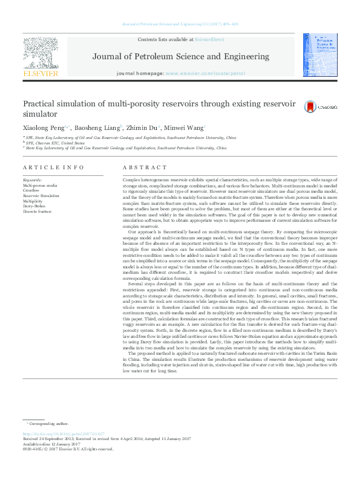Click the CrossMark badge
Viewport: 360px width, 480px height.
(310, 107)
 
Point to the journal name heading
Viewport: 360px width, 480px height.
(180, 57)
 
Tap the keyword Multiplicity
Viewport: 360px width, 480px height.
(34, 201)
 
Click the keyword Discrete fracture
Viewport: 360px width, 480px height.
(36, 210)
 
